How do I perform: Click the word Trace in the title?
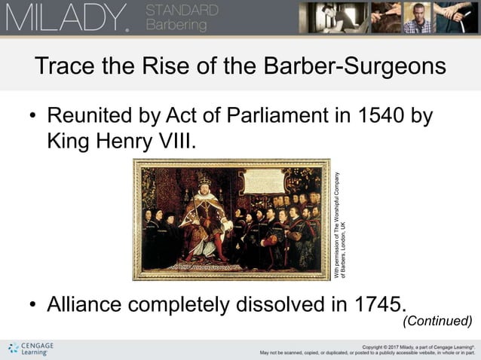point(66,66)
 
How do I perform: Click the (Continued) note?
point(437,322)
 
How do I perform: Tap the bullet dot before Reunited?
point(32,118)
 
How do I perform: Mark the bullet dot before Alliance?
point(32,305)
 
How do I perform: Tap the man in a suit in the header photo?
point(418,17)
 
